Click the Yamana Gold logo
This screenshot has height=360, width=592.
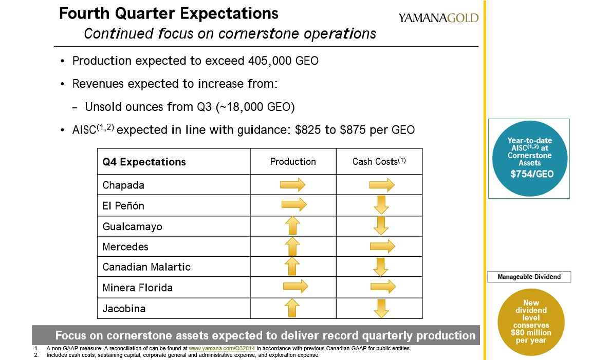point(438,18)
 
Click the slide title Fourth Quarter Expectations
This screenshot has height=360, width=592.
point(169,13)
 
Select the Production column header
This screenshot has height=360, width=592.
point(293,161)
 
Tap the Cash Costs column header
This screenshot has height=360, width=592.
point(379,161)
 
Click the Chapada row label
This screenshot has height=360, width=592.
point(123,185)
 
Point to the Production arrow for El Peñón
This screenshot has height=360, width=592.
point(294,205)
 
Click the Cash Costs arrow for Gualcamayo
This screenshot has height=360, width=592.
point(381,225)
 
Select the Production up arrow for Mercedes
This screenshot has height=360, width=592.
point(292,247)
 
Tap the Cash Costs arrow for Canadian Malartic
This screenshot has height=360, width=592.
point(381,267)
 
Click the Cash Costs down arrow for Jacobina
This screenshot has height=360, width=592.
point(381,308)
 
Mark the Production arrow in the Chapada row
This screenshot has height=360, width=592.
point(293,184)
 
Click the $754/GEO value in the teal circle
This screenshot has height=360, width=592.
point(532,174)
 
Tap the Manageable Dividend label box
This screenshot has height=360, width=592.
point(529,277)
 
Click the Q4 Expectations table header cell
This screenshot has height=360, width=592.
point(144,162)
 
